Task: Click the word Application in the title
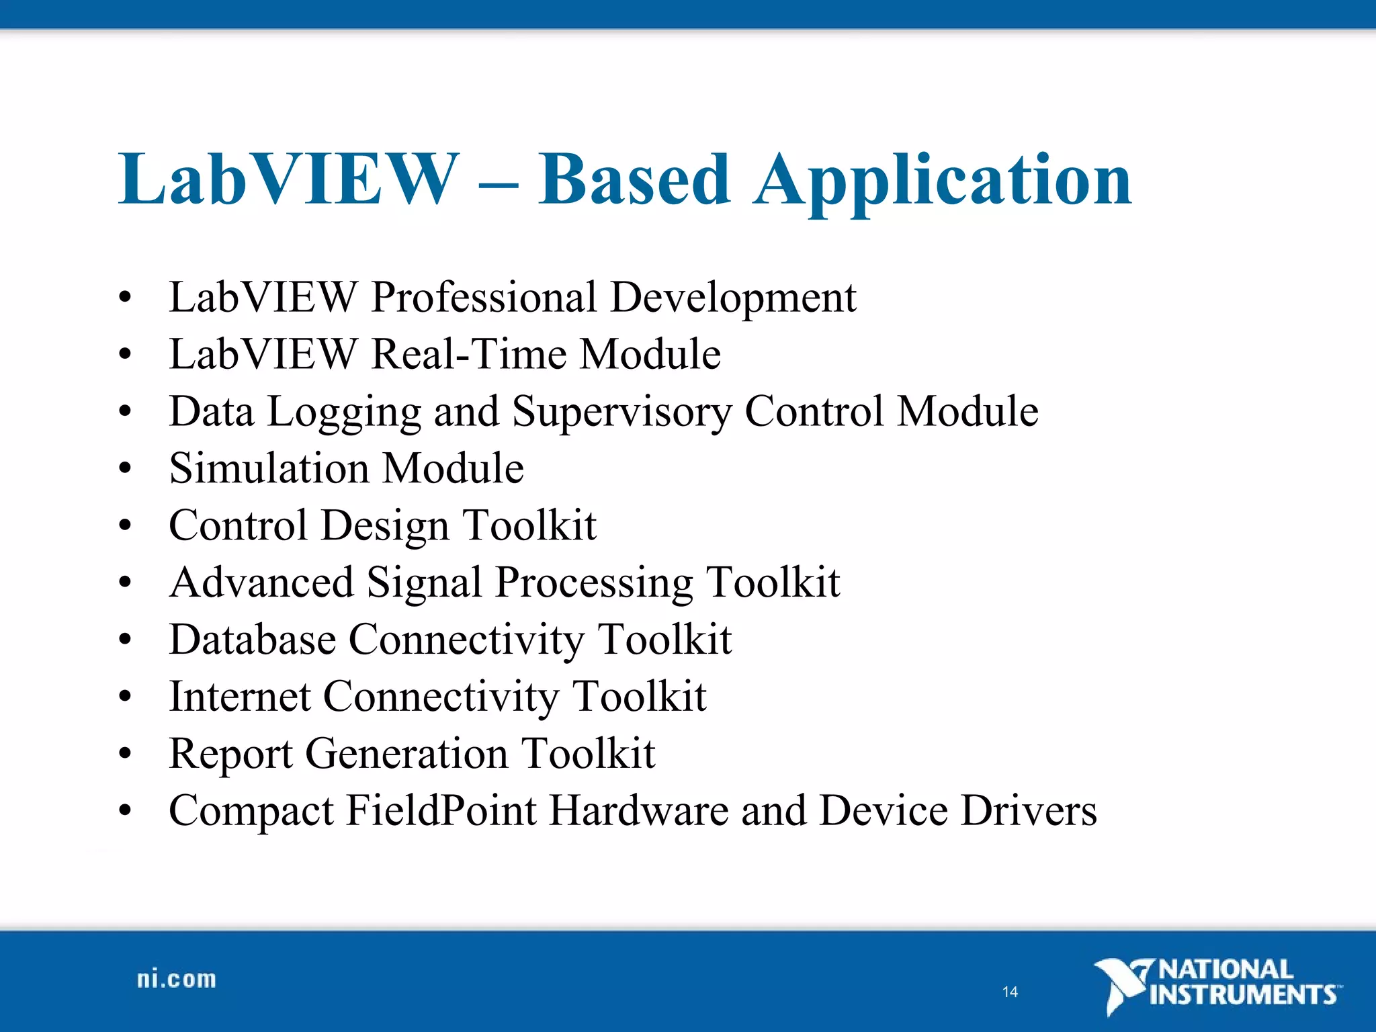(x=943, y=180)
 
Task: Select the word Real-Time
(x=468, y=354)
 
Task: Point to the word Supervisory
(x=621, y=412)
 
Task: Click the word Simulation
(x=269, y=468)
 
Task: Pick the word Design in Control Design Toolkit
(x=385, y=526)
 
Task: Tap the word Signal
(x=425, y=583)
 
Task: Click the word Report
(x=230, y=754)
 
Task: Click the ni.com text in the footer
(x=177, y=980)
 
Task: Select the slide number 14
(x=1010, y=992)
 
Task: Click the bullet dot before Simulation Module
(x=125, y=468)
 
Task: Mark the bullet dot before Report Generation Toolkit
(x=125, y=754)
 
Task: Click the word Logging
(x=345, y=412)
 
